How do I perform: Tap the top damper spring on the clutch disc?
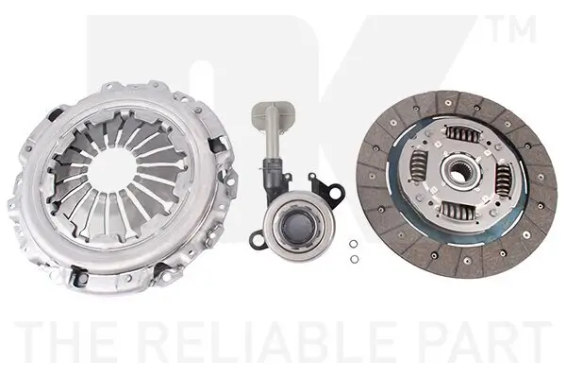pyautogui.click(x=462, y=133)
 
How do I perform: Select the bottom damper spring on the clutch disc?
pyautogui.click(x=458, y=211)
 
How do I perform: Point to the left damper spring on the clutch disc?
pyautogui.click(x=419, y=166)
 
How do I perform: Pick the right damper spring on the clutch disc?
pyautogui.click(x=504, y=180)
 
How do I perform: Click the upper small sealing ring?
pyautogui.click(x=354, y=244)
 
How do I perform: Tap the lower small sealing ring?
pyautogui.click(x=355, y=259)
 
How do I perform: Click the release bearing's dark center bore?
pyautogui.click(x=298, y=226)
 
